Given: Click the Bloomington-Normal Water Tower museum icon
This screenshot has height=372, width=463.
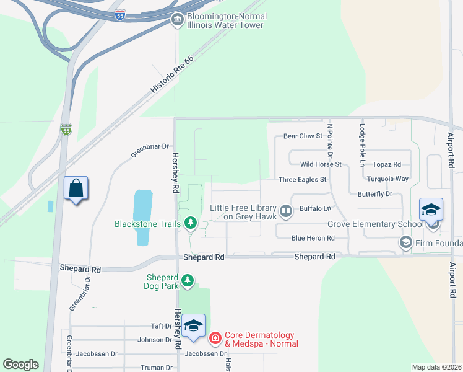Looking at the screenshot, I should pyautogui.click(x=177, y=20).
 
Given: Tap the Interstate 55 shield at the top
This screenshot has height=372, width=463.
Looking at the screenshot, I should pyautogui.click(x=121, y=15).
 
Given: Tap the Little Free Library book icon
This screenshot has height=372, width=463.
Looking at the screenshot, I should pyautogui.click(x=286, y=212).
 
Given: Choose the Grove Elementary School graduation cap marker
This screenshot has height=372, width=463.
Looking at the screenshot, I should pyautogui.click(x=431, y=211).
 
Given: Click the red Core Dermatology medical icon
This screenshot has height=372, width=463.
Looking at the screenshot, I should pyautogui.click(x=215, y=339).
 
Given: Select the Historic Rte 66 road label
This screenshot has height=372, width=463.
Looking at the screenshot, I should pyautogui.click(x=172, y=74).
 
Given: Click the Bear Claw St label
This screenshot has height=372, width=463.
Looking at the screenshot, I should pyautogui.click(x=303, y=136).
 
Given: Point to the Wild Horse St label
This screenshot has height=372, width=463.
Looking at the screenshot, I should pyautogui.click(x=321, y=164).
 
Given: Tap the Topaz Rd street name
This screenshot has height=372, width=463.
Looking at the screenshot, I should pyautogui.click(x=387, y=164).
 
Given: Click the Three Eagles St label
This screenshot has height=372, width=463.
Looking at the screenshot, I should pyautogui.click(x=303, y=180).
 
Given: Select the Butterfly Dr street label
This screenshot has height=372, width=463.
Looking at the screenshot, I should pyautogui.click(x=375, y=194).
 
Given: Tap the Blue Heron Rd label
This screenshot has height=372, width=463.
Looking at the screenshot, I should pyautogui.click(x=313, y=238).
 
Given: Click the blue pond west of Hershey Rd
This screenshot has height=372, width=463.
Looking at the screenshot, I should pyautogui.click(x=142, y=217).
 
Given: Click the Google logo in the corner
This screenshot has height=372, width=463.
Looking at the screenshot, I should pyautogui.click(x=20, y=365).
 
